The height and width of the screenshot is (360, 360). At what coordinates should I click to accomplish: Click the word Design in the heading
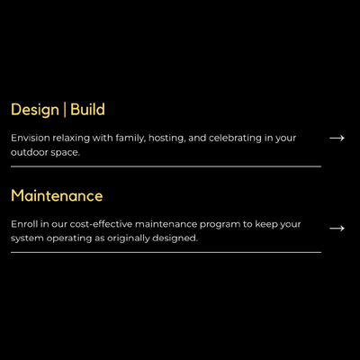point(35,110)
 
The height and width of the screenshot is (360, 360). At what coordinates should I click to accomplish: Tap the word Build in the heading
point(87,110)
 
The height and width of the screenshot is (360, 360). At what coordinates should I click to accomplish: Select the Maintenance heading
point(57,195)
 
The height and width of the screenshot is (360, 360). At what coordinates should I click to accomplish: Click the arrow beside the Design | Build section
point(337,139)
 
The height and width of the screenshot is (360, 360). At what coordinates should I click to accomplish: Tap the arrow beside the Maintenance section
point(337,229)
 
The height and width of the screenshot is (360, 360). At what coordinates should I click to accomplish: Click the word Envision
point(31,139)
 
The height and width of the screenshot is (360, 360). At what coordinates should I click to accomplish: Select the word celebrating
point(236,139)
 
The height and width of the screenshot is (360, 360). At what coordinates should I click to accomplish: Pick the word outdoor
point(30,153)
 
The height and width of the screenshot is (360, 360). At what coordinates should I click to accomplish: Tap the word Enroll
point(23,224)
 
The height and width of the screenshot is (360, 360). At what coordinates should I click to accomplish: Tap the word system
point(25,238)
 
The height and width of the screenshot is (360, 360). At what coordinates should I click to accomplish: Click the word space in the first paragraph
point(66,153)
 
